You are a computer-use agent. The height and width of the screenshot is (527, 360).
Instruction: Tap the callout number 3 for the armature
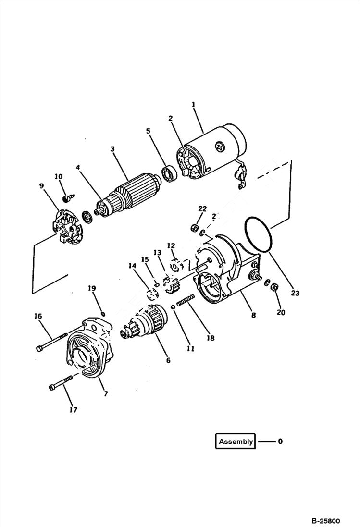(112, 149)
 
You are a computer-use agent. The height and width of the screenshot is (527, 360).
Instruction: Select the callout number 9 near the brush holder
(41, 184)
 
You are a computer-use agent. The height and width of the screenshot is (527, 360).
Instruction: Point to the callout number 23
(295, 293)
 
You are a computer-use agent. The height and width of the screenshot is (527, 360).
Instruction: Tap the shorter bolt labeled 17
(62, 383)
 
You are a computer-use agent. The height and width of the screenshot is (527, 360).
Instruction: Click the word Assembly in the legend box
(236, 441)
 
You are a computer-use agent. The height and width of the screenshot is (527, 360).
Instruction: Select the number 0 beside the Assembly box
(280, 441)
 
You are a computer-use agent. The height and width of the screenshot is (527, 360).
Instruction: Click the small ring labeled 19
(102, 314)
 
